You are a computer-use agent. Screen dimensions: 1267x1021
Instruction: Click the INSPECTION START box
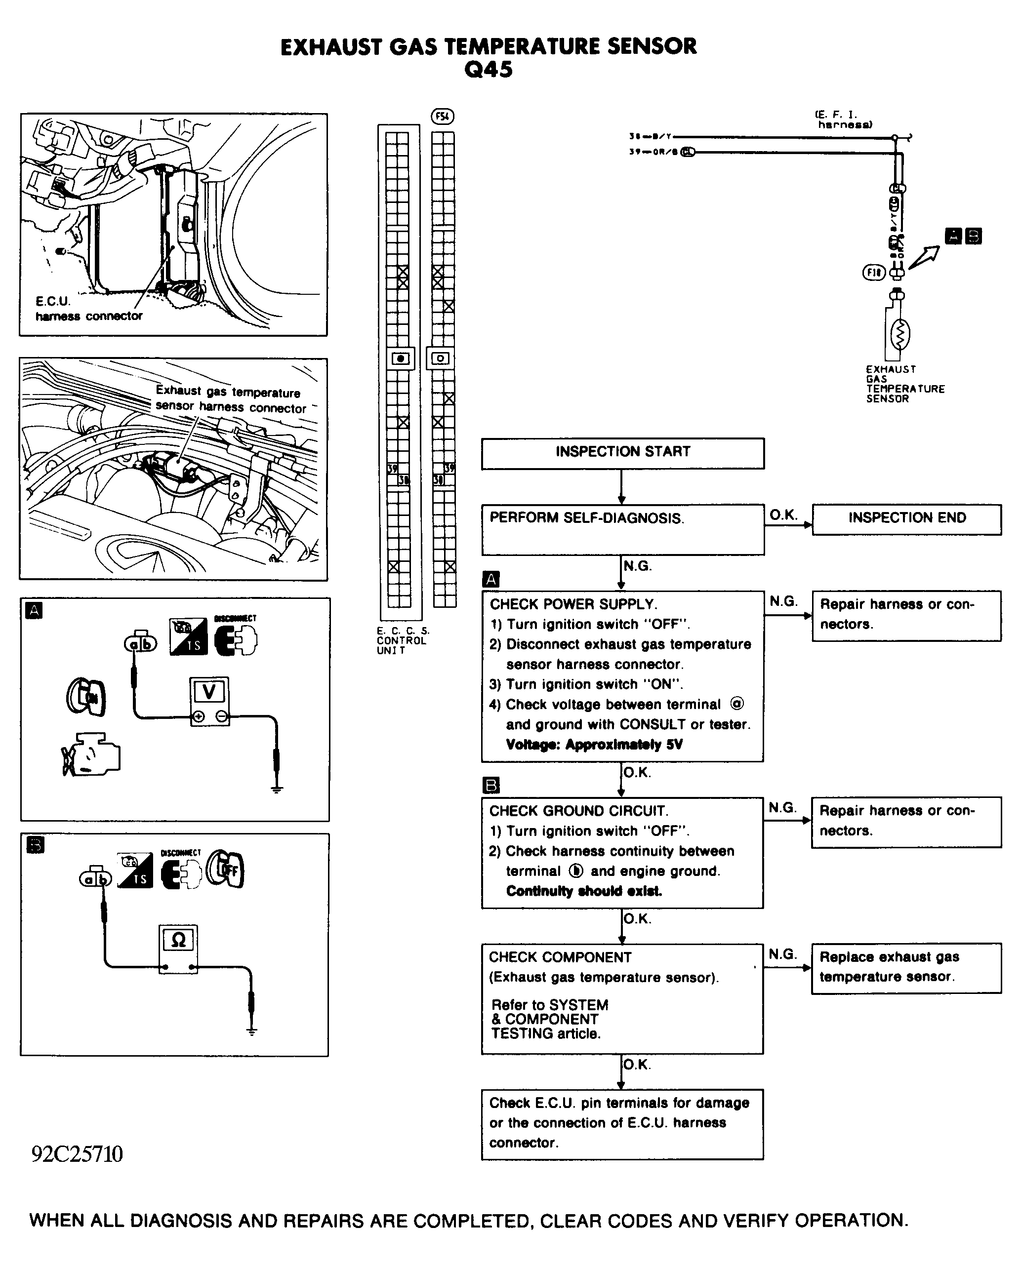622,453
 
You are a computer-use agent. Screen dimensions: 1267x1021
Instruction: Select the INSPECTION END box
906,519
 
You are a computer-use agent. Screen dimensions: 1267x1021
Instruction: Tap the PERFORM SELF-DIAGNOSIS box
622,529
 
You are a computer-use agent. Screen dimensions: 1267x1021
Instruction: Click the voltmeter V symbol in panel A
209,692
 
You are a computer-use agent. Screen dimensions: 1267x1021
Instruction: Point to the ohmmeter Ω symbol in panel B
178,940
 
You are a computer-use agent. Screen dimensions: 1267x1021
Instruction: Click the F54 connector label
442,117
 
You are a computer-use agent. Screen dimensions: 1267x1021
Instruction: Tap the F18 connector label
873,273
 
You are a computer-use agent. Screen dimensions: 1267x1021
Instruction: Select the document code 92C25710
77,1154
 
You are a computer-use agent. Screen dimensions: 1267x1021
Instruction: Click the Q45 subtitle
488,70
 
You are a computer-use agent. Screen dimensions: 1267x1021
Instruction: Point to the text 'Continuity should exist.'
583,891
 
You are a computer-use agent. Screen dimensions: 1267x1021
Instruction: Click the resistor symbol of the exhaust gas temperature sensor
899,335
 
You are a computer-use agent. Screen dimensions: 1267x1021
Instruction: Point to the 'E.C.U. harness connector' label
88,309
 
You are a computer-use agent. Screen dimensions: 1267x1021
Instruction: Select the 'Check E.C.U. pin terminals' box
622,1123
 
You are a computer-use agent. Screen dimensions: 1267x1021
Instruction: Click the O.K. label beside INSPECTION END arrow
783,515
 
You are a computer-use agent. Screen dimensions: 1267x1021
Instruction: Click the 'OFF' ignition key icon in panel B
226,870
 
